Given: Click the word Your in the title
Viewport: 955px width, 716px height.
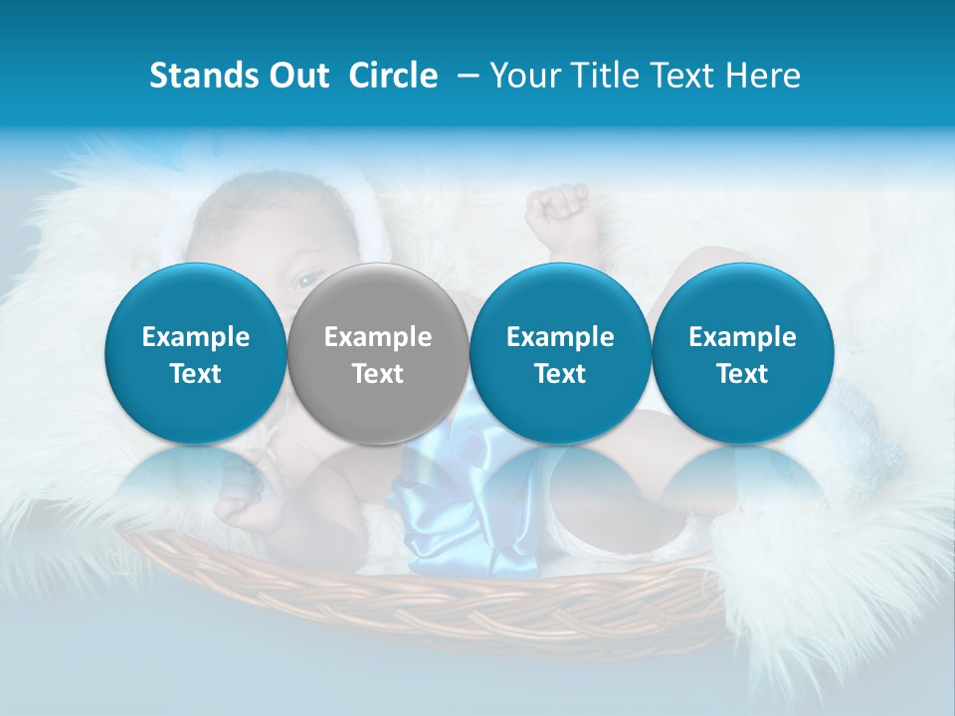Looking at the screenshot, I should [526, 76].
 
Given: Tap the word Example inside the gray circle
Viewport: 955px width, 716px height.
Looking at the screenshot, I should [378, 337].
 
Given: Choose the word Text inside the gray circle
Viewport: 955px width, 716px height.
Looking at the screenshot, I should [378, 374].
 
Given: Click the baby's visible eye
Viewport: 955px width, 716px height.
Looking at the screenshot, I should [306, 281].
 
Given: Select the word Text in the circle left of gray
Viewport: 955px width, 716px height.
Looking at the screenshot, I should [195, 374].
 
